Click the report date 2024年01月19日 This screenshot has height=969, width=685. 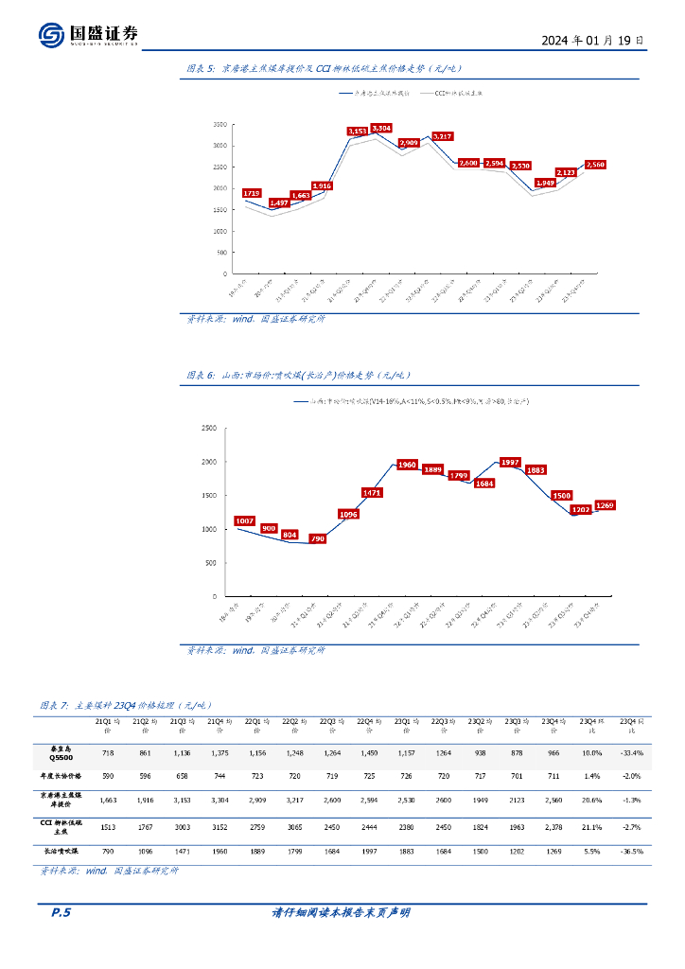click(x=594, y=41)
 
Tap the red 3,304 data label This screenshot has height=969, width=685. click(x=381, y=127)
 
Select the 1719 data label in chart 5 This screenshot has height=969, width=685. click(x=252, y=193)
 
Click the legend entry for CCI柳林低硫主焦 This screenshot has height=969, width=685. click(x=452, y=94)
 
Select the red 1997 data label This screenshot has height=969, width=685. click(x=510, y=462)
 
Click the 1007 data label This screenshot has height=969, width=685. click(x=245, y=520)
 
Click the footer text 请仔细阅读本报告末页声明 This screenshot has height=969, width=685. click(x=342, y=913)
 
